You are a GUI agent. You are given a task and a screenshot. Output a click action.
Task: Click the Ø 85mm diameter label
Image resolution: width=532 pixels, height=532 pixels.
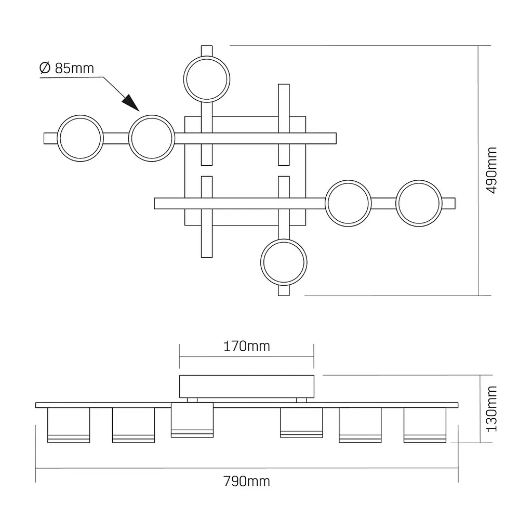[x=66, y=68]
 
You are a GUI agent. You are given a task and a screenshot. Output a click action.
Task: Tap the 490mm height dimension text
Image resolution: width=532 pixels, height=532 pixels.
[x=491, y=170]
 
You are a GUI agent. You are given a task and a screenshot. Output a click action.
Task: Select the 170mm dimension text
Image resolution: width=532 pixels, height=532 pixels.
[x=247, y=347]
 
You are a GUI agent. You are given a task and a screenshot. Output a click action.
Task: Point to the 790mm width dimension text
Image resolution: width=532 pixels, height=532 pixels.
[x=247, y=482]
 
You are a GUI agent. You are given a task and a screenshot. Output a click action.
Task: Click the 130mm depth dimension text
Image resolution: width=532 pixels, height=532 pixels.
[x=491, y=409]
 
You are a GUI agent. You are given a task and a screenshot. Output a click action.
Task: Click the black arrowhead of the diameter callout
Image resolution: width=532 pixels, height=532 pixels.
[x=131, y=103]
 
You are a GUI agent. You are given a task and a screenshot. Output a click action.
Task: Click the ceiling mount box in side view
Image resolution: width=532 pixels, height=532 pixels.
[x=247, y=387]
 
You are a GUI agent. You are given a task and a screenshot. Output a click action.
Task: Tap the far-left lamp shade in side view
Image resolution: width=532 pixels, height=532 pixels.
[x=69, y=425]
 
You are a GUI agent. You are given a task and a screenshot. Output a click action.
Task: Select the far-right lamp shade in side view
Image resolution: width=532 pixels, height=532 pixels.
[x=425, y=425]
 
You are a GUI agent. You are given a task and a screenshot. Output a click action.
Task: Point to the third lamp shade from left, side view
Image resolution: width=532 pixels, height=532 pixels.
[x=192, y=420]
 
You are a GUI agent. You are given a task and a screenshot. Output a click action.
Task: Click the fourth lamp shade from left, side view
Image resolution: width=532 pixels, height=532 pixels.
[x=301, y=423]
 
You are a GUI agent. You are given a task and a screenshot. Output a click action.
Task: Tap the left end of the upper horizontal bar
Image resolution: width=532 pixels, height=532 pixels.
[x=44, y=138]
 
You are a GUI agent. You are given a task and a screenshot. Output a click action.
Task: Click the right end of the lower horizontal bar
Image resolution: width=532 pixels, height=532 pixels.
[x=455, y=203]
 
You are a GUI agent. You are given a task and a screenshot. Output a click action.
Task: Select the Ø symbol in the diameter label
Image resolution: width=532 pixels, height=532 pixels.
[x=45, y=68]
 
